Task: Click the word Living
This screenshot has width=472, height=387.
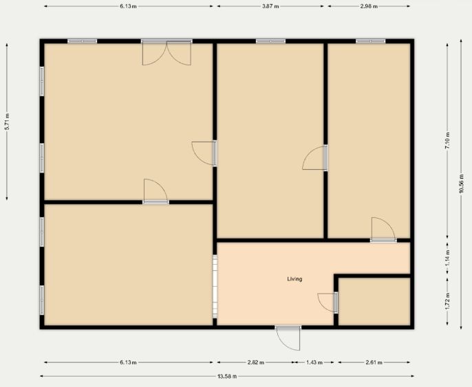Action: click(294, 279)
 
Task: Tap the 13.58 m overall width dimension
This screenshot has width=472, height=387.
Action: click(227, 376)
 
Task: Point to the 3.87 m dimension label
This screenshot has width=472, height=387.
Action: click(270, 6)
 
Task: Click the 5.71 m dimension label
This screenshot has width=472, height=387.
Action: click(7, 122)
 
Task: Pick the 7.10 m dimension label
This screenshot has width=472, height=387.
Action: click(447, 140)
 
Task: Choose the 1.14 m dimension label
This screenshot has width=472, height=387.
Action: click(447, 258)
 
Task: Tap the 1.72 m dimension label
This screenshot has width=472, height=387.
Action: click(447, 301)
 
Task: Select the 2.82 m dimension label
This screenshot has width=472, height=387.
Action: click(255, 363)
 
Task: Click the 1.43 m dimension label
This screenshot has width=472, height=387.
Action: click(314, 363)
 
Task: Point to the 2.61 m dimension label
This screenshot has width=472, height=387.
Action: click(374, 363)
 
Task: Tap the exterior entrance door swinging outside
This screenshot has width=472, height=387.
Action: click(288, 338)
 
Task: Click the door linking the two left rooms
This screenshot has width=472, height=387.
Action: click(155, 191)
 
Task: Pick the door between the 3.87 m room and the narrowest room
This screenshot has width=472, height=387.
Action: click(314, 158)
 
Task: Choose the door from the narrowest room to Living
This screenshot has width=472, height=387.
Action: click(383, 230)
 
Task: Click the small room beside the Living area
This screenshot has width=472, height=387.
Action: click(374, 301)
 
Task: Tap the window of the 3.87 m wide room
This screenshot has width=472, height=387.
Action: click(270, 41)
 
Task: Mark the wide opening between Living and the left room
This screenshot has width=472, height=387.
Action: click(215, 286)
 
